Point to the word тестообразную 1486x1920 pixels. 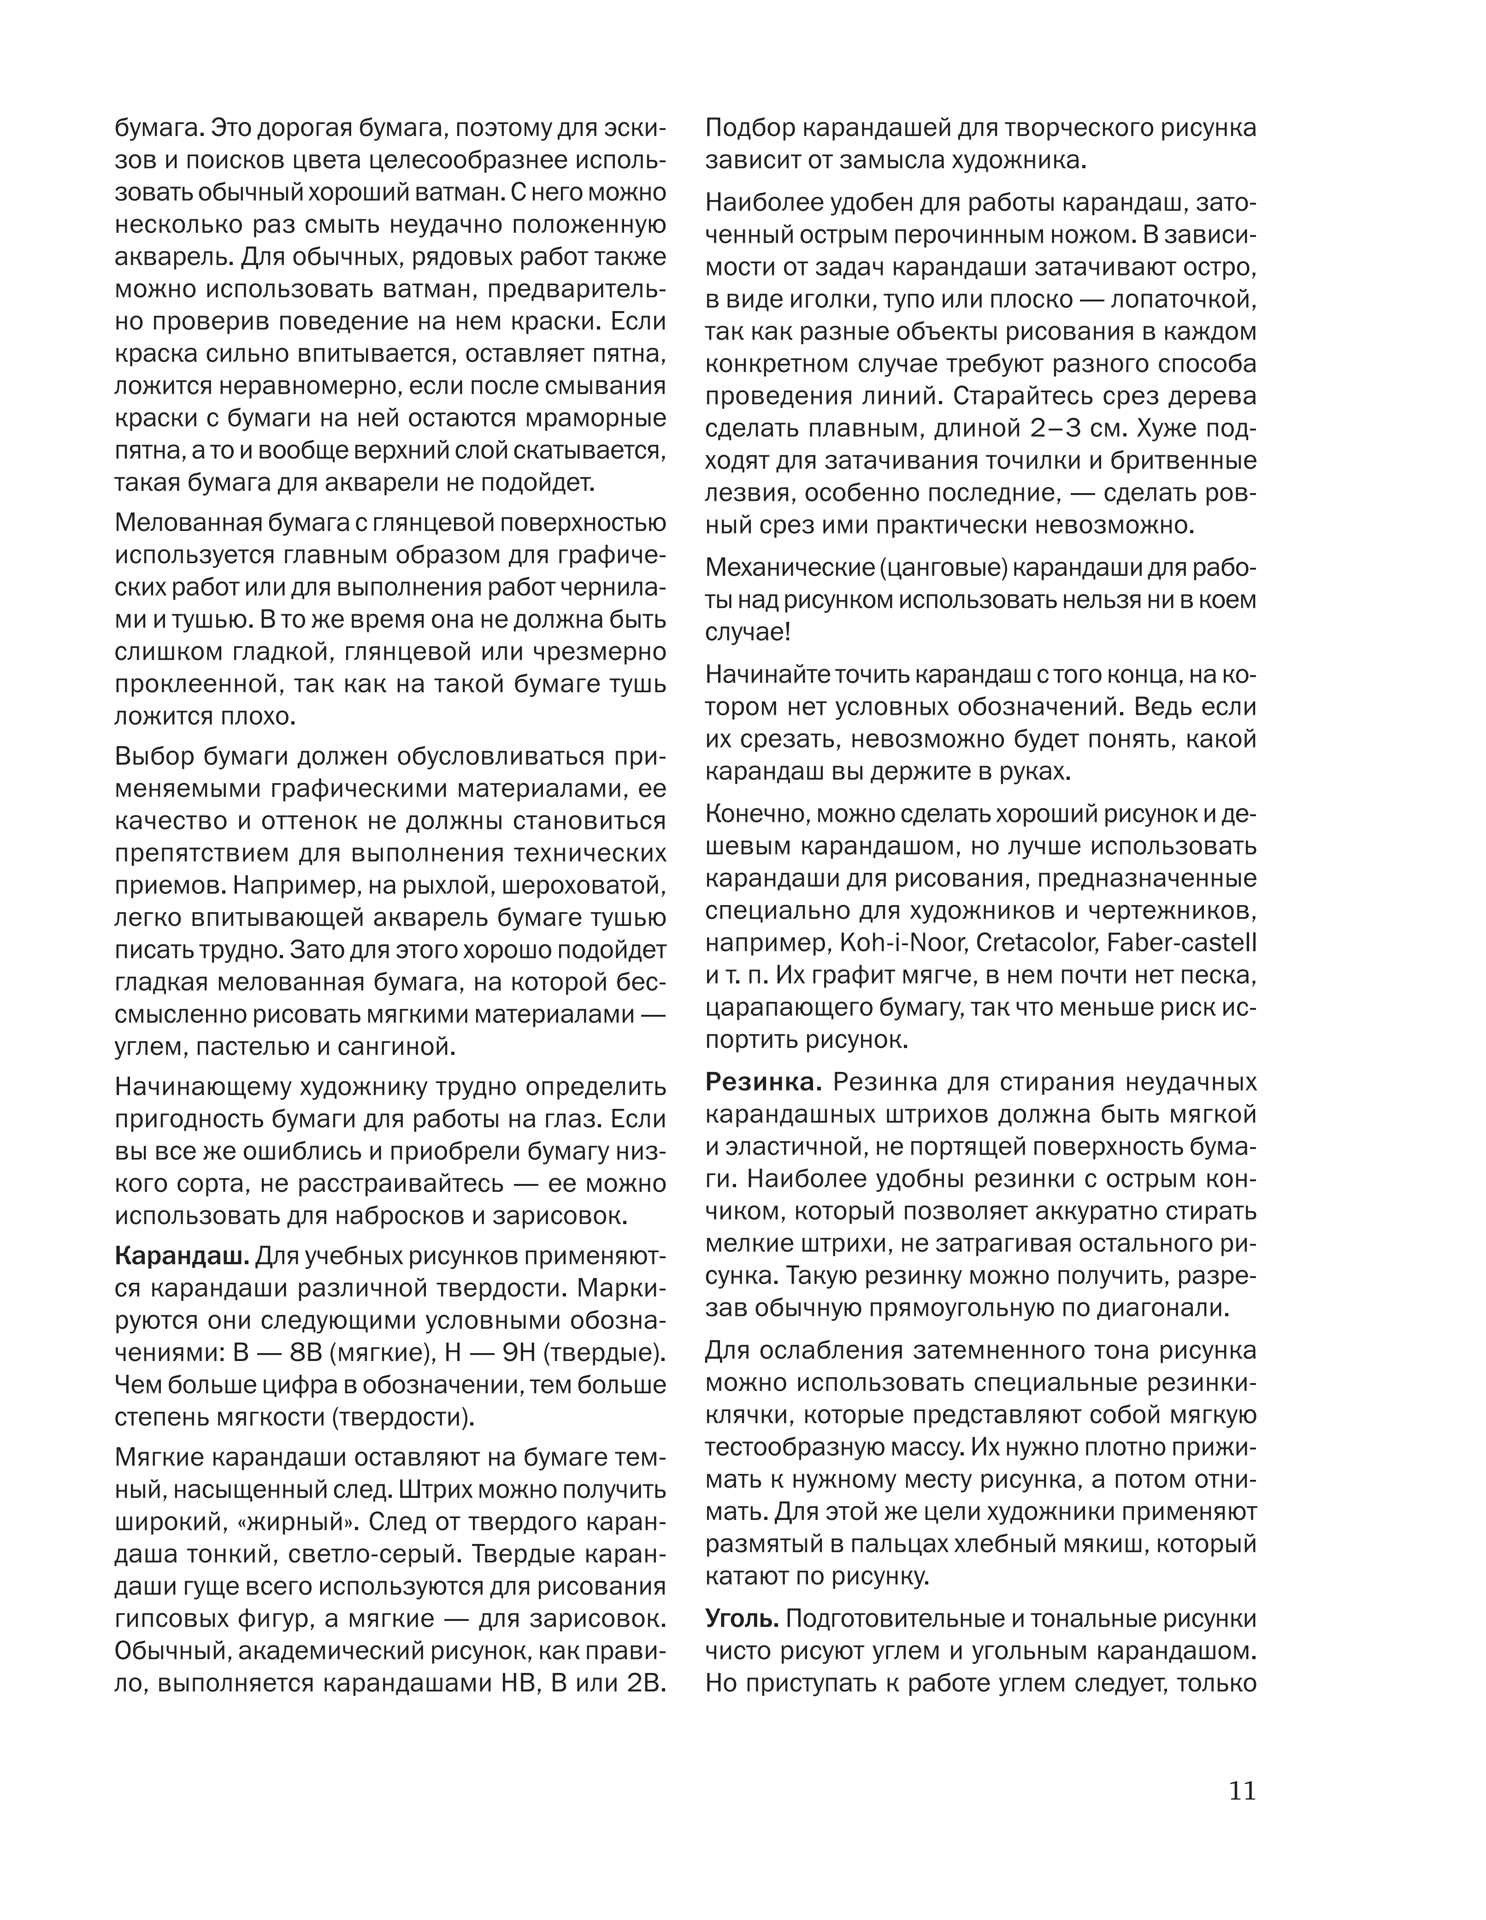click(x=807, y=1448)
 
